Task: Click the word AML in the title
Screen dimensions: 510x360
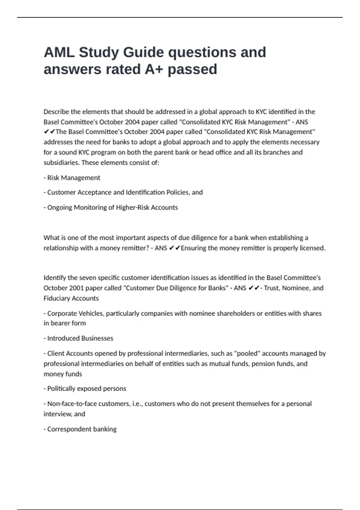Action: [59, 52]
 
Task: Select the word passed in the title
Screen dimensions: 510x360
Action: [192, 69]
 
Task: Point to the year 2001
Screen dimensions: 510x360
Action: [76, 288]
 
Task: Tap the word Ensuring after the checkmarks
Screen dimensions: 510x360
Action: [193, 248]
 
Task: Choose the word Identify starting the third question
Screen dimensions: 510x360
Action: [55, 278]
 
